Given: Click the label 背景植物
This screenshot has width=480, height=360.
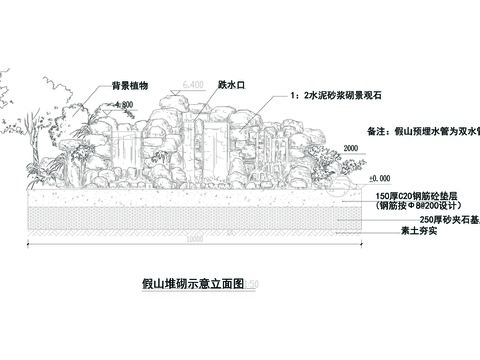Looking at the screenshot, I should coord(130,87).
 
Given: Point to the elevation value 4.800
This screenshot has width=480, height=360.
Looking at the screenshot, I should coord(124,105).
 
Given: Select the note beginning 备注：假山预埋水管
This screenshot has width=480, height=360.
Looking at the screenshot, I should coord(420,131).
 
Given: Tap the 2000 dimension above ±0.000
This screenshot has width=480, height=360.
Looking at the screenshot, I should coord(350,148).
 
